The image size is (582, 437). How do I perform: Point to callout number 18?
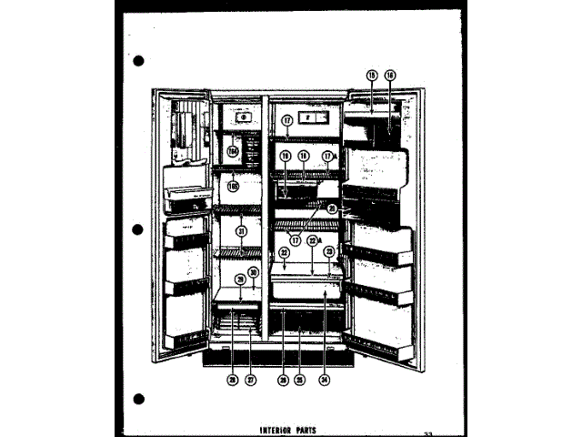(x=303, y=156)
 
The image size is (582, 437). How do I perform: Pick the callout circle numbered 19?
(x=284, y=156)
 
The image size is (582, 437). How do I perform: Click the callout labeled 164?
(x=234, y=151)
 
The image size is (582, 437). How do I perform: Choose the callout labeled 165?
(x=234, y=186)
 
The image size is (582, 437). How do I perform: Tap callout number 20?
(x=332, y=208)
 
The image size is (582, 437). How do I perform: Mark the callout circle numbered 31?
(x=240, y=231)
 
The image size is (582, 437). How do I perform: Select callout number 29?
(x=240, y=279)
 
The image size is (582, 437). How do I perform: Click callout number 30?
(x=254, y=272)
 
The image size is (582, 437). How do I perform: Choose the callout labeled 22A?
(x=313, y=240)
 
